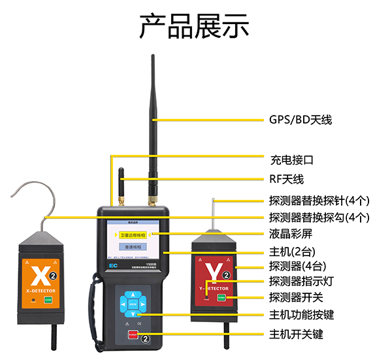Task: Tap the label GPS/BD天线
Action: coord(301,120)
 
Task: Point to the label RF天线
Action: coord(287,179)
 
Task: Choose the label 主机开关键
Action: coord(296,335)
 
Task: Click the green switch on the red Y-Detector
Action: coord(222,297)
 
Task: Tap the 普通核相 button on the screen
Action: coord(132,248)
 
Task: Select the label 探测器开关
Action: coord(296,298)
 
